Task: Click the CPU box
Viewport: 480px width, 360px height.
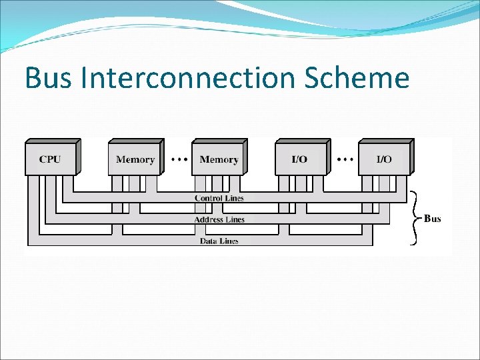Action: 51,159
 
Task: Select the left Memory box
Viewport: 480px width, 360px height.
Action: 135,159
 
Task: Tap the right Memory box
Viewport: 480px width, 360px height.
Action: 219,159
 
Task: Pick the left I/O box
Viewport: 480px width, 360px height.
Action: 301,159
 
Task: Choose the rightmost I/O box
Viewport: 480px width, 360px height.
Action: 385,159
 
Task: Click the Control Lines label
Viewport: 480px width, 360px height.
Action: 219,198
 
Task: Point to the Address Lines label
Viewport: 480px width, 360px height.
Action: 219,219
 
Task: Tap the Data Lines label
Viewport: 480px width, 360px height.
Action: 219,241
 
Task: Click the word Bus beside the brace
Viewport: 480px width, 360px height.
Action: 433,219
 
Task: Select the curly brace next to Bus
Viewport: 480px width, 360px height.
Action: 415,217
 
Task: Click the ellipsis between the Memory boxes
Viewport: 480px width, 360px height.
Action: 178,159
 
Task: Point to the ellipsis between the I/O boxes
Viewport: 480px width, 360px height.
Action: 344,159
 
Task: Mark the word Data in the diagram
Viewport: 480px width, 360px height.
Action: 209,241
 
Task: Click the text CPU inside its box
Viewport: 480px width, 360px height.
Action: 50,159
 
